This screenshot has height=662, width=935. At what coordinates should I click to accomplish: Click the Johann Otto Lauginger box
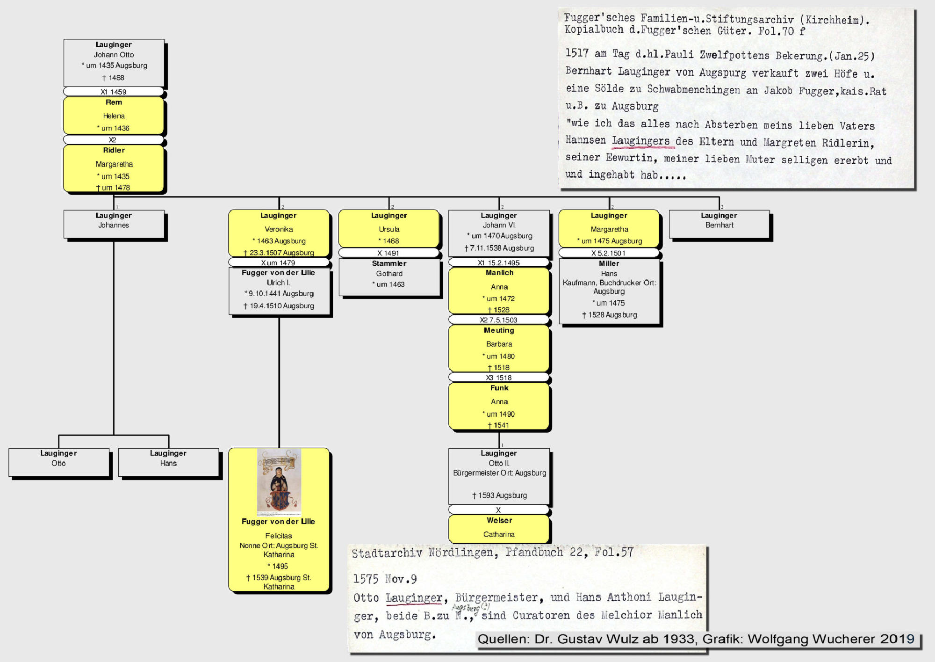pyautogui.click(x=114, y=62)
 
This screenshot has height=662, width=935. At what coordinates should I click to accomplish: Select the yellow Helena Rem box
pyautogui.click(x=114, y=115)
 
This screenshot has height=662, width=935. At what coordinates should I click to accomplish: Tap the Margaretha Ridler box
pyautogui.click(x=114, y=168)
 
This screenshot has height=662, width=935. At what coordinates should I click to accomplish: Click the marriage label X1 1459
pyautogui.click(x=114, y=92)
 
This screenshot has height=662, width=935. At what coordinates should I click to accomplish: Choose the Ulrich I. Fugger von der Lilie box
pyautogui.click(x=279, y=290)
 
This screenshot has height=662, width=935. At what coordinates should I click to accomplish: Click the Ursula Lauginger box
pyautogui.click(x=389, y=228)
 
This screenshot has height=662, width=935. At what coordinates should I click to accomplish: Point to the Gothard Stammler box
pyautogui.click(x=389, y=277)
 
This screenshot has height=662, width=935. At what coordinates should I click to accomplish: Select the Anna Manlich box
pyautogui.click(x=499, y=290)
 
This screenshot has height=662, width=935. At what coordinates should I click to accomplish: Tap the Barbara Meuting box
pyautogui.click(x=499, y=348)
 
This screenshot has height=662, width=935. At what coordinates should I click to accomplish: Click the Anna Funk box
pyautogui.click(x=499, y=406)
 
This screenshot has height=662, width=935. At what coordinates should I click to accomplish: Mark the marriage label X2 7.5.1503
pyautogui.click(x=499, y=320)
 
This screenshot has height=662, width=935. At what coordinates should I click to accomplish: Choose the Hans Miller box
pyautogui.click(x=609, y=290)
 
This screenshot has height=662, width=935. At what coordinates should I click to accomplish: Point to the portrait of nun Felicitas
pyautogui.click(x=279, y=482)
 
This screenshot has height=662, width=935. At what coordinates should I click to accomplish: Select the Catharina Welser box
pyautogui.click(x=499, y=528)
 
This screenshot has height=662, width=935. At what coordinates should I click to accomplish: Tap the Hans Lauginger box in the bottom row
pyautogui.click(x=168, y=462)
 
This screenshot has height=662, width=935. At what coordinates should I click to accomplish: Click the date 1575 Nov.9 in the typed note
pyautogui.click(x=385, y=579)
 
